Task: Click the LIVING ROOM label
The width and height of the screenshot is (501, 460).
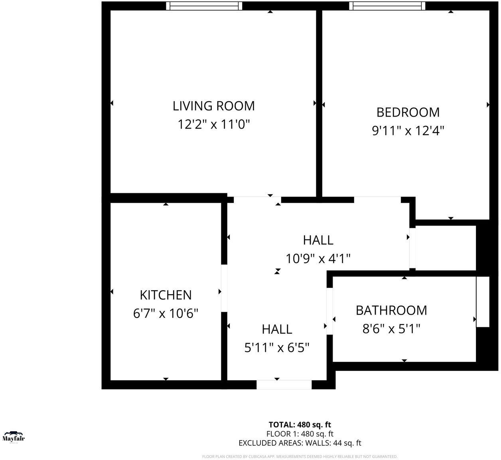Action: click(213, 106)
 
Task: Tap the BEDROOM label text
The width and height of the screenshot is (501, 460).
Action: click(408, 112)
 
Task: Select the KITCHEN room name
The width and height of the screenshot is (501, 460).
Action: click(166, 295)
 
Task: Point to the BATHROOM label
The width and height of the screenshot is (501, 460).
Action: click(391, 310)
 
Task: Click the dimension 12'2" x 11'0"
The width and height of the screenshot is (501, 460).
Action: click(213, 125)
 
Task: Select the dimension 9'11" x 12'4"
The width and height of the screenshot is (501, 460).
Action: click(408, 131)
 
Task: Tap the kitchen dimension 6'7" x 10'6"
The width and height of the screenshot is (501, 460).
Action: click(166, 313)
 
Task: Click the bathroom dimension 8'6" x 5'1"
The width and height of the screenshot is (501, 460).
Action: click(391, 329)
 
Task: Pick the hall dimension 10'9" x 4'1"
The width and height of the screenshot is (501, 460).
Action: click(318, 259)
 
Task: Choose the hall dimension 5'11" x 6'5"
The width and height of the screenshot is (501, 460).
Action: click(277, 348)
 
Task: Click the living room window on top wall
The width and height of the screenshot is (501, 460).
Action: click(204, 6)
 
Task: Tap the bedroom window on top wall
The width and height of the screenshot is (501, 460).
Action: click(387, 6)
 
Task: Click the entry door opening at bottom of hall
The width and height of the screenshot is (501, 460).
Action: click(284, 385)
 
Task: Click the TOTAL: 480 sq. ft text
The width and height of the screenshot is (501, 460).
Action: click(300, 424)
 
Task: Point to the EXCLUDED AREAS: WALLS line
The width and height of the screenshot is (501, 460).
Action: click(300, 443)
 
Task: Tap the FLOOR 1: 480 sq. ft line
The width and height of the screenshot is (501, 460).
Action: click(300, 434)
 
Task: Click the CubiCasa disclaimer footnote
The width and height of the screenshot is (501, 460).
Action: click(300, 456)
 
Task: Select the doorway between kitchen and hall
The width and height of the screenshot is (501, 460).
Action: click(224, 287)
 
